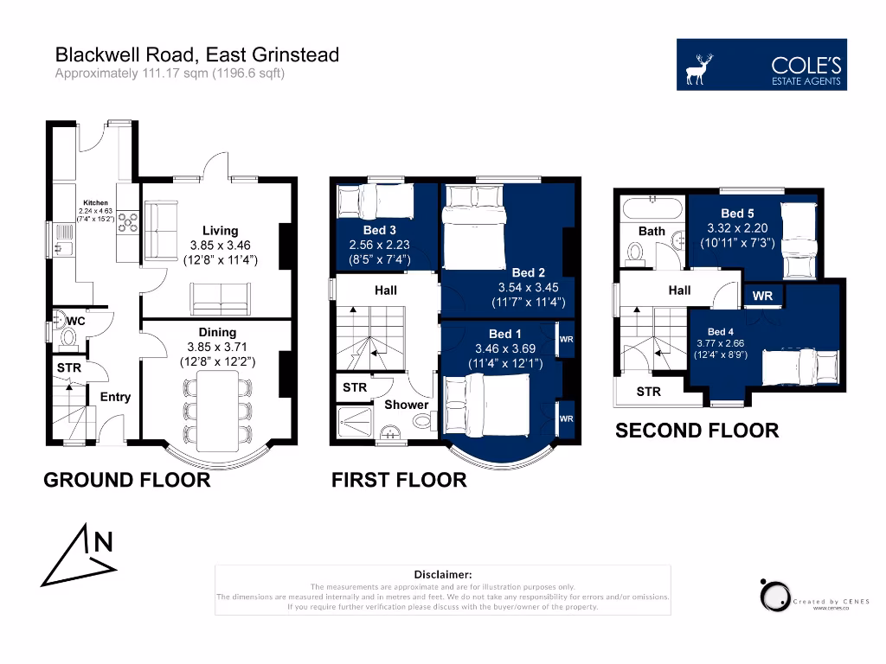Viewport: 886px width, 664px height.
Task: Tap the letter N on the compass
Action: click(103, 542)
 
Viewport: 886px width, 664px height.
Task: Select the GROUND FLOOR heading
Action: click(126, 481)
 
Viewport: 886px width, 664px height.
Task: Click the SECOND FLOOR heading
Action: click(697, 430)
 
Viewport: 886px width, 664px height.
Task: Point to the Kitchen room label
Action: click(95, 203)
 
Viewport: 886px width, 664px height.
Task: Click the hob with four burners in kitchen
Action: click(128, 222)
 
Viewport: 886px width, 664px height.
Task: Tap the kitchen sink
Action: click(62, 249)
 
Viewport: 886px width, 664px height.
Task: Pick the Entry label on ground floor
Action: click(115, 397)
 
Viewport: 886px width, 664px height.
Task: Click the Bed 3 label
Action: click(380, 230)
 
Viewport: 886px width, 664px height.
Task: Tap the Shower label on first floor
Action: click(406, 405)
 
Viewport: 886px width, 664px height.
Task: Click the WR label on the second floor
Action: click(762, 296)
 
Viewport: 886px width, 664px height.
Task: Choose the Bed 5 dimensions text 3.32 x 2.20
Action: click(737, 228)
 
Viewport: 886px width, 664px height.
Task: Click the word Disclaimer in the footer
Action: click(443, 574)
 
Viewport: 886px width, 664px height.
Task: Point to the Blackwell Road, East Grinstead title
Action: click(197, 55)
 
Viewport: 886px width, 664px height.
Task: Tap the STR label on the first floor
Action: click(355, 387)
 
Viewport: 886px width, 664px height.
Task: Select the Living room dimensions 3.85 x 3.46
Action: click(220, 245)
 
